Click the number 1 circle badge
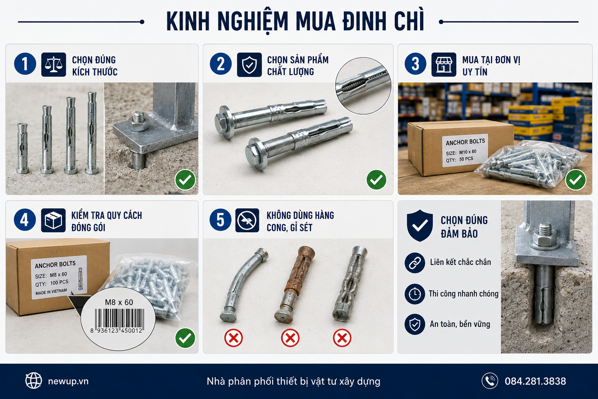pos(25,64)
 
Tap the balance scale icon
pos(54,65)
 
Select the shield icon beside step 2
pos(249,65)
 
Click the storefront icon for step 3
pos(444,65)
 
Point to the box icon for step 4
pos(53,220)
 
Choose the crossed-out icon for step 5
pos(247,220)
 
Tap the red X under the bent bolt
pos(234,338)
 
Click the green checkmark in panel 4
pos(185,338)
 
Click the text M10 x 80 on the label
pos(468,152)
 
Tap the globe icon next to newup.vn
pos(33,381)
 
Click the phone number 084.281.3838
pos(535,381)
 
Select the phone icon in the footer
pos(490,381)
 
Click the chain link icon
pos(415,263)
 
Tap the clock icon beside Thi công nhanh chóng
pos(415,294)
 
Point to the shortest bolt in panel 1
pos(23,148)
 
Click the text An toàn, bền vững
pos(460,324)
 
